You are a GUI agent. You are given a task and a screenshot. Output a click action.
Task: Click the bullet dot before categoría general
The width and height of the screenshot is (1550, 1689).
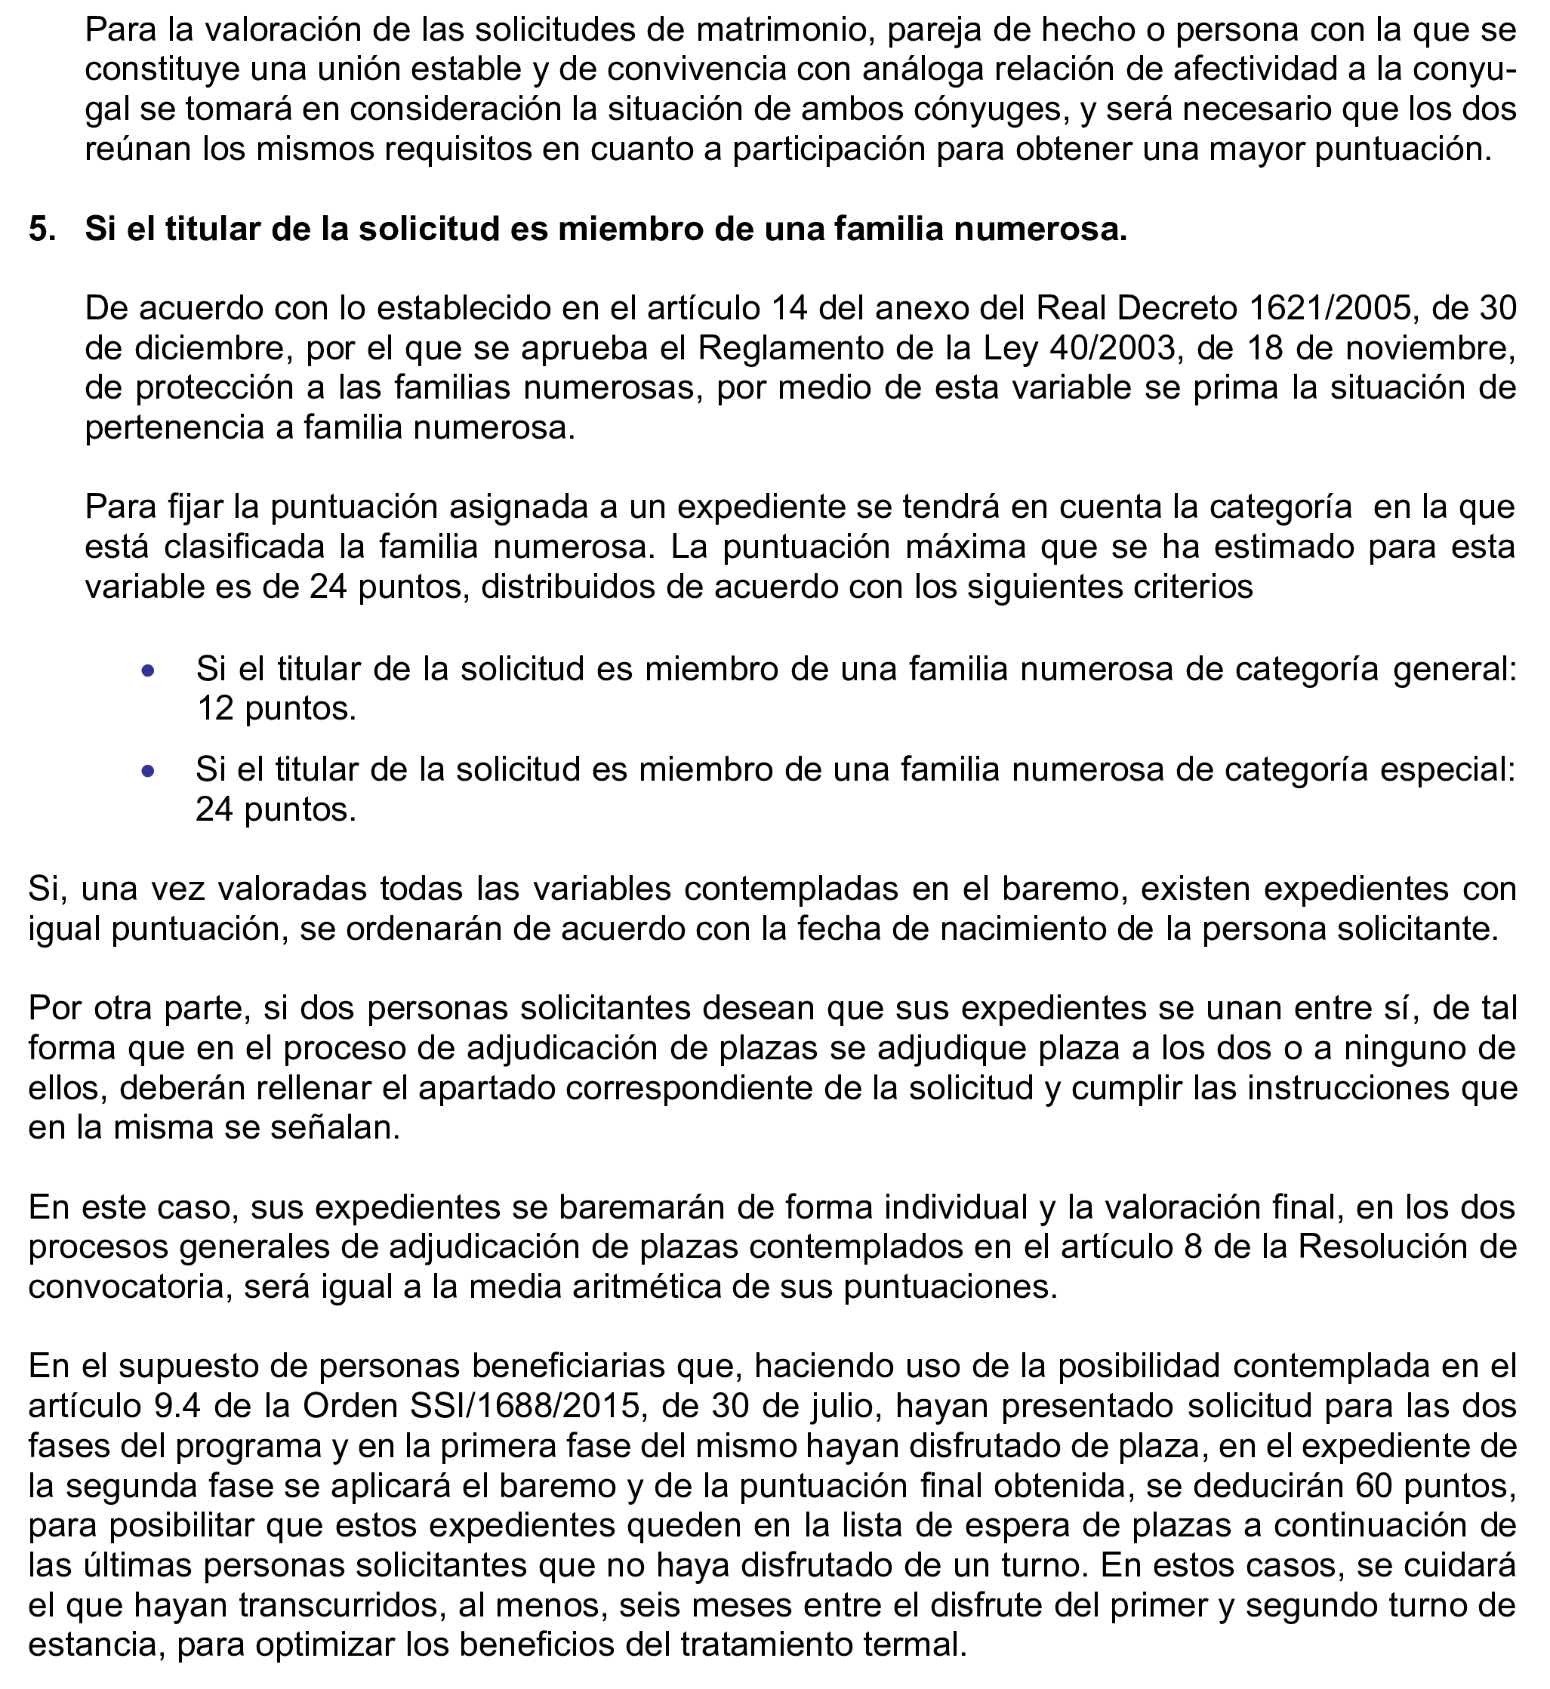149,671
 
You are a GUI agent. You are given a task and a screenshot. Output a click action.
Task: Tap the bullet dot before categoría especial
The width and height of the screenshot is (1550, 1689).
149,772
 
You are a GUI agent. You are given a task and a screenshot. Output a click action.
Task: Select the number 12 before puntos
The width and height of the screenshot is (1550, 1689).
214,710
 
